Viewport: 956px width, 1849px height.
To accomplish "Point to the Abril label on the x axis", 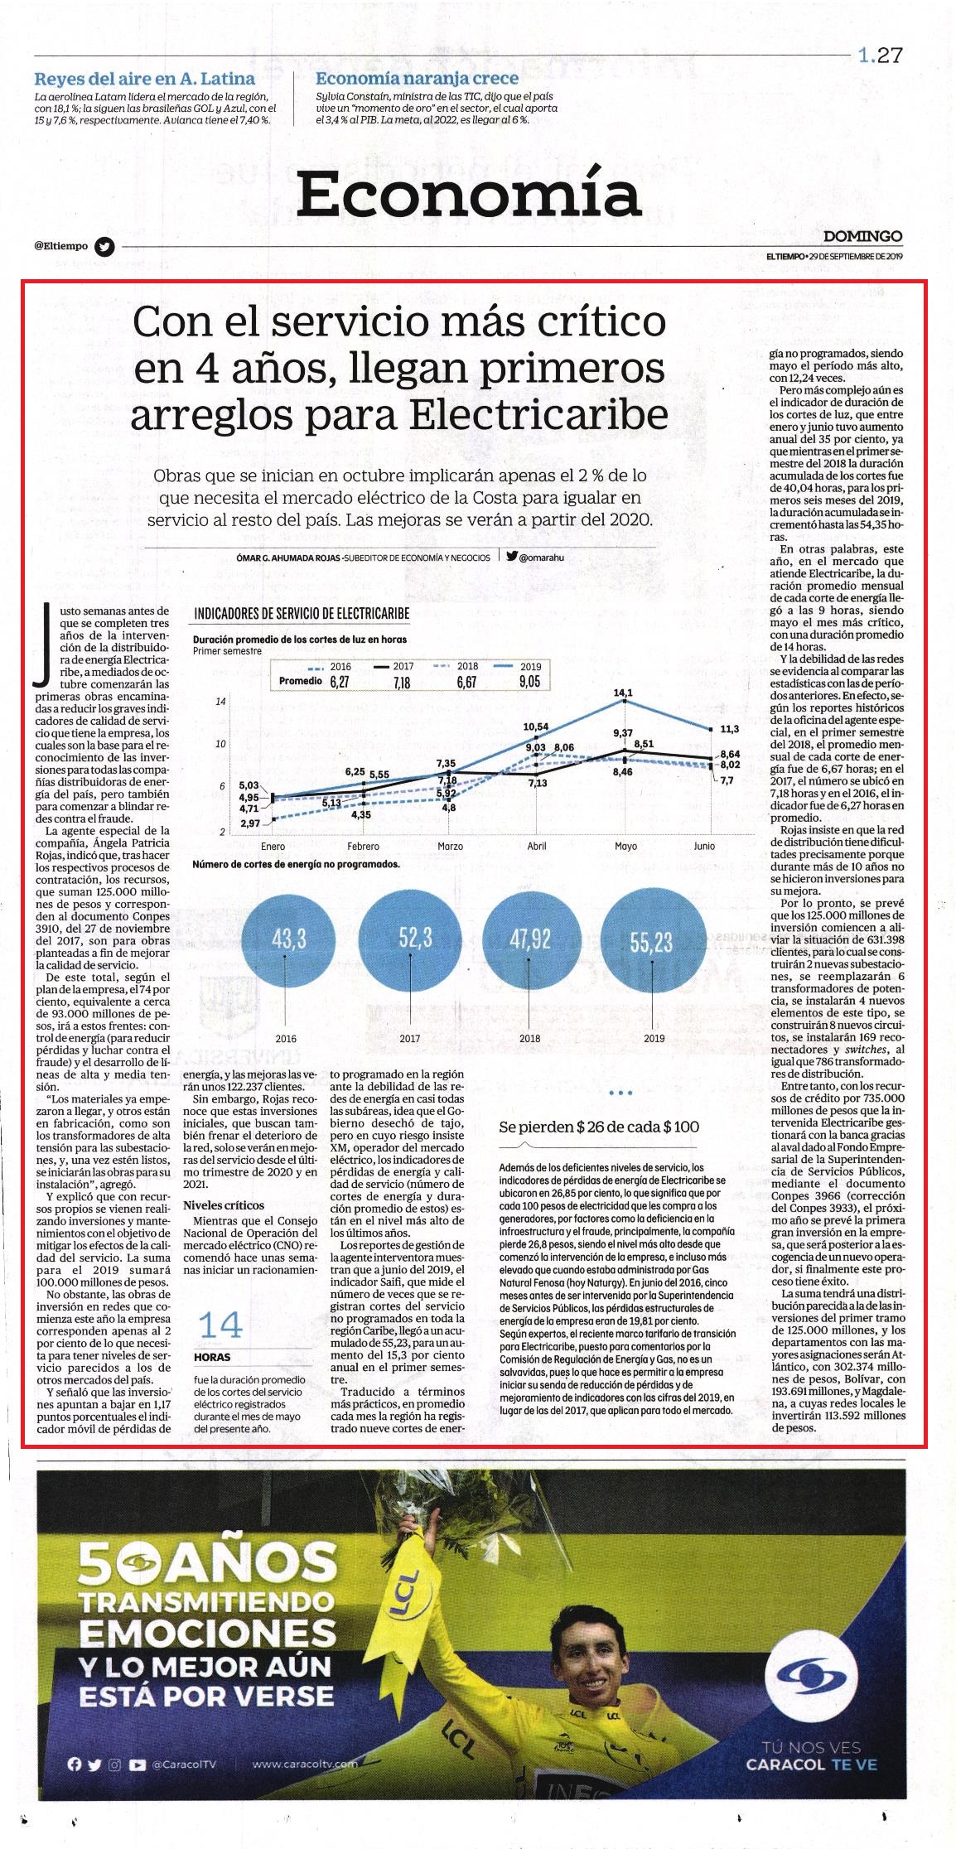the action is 537,846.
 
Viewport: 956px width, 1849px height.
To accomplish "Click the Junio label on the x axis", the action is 704,846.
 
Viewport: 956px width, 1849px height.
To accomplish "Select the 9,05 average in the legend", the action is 529,681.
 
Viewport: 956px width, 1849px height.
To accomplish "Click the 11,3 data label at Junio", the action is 729,729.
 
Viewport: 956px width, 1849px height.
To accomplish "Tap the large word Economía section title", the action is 469,194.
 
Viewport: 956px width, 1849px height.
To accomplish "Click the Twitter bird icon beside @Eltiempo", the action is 104,246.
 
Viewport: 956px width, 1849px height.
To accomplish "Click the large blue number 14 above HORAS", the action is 220,1325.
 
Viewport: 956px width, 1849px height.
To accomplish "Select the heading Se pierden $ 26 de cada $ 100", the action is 599,1127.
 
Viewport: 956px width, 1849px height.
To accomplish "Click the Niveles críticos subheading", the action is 224,1205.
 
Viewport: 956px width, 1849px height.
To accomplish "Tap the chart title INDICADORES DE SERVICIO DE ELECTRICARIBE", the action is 302,614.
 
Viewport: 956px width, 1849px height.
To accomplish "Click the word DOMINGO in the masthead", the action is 863,237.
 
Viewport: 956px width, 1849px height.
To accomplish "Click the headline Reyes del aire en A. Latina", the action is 144,79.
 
